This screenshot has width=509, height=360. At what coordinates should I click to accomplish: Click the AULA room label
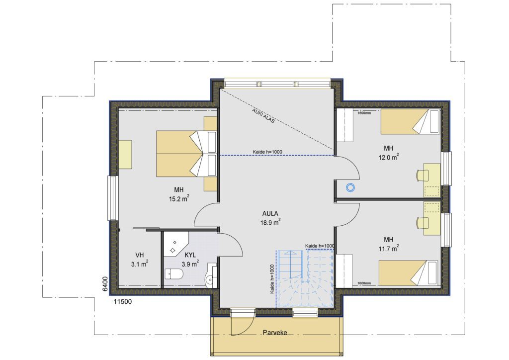coord(270,214)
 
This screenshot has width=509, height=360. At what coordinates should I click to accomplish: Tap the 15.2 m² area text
coord(179,198)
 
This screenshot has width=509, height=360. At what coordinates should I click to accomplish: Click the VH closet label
coord(140,255)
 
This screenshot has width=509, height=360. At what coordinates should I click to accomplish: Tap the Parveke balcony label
coord(275,333)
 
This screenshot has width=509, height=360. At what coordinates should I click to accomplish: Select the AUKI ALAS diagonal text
coord(263,115)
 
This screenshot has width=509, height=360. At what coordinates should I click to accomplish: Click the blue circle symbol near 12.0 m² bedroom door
coord(350,187)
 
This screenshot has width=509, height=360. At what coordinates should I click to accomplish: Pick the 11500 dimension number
coord(122,301)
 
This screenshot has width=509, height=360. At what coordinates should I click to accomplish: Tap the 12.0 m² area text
coord(389,157)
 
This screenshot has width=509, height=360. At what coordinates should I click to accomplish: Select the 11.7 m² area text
coord(389,248)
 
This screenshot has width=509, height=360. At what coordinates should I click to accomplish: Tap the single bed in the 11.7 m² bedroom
coord(410,272)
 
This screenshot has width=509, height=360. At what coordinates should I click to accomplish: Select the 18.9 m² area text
coord(270,222)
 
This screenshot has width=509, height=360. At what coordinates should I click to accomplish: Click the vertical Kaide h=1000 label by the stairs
coord(272,279)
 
